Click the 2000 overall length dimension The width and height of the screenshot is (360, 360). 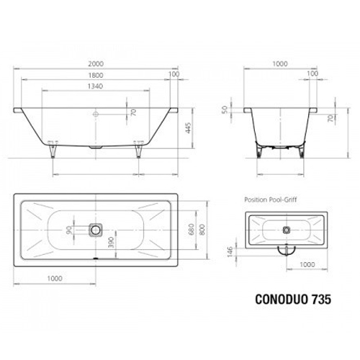tap(96, 63)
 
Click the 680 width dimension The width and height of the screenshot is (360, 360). tap(191, 229)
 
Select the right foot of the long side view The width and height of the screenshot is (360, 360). tap(138, 149)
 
